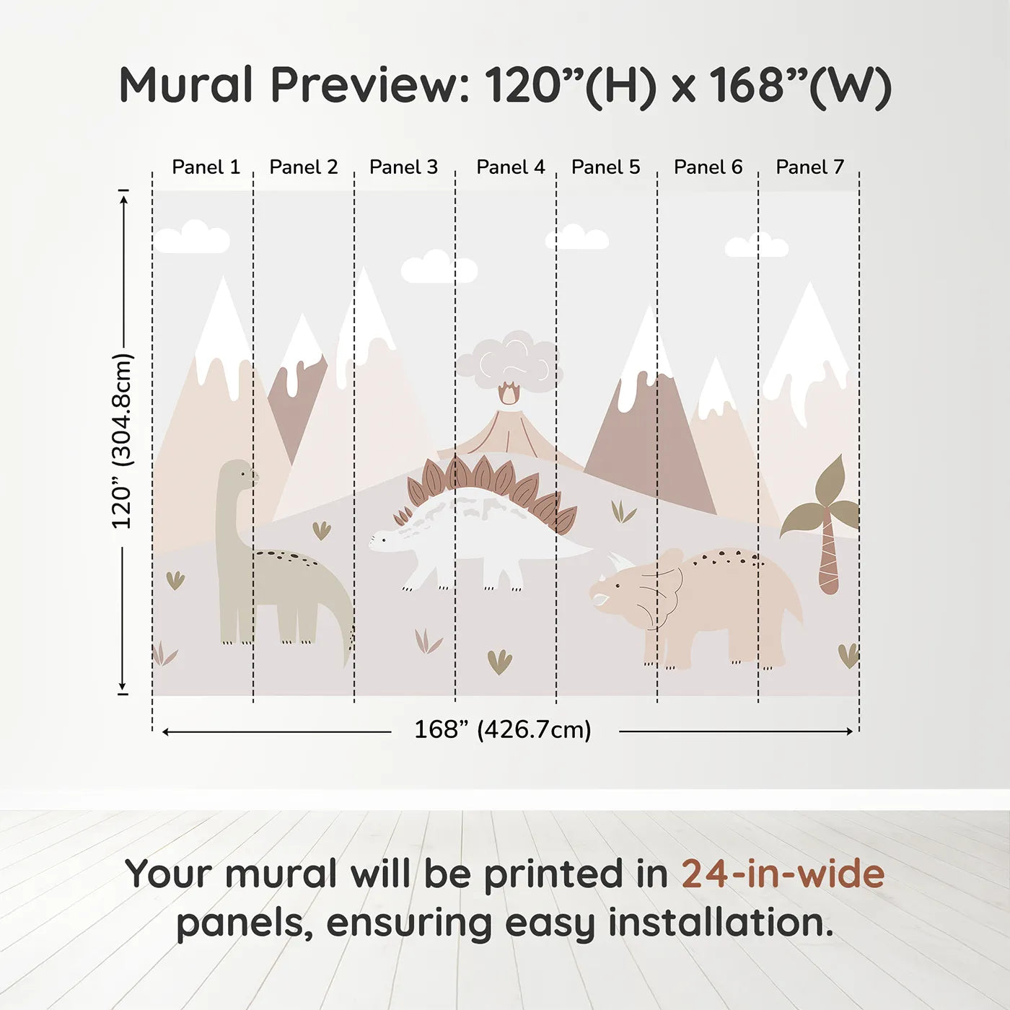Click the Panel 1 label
(206, 167)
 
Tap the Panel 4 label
(511, 167)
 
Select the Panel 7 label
(809, 167)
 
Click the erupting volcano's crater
(509, 395)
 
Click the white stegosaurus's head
(386, 540)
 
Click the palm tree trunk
(828, 555)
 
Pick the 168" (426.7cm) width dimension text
(503, 730)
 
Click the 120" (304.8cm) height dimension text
(122, 442)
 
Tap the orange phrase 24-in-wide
(783, 874)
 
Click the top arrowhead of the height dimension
(123, 196)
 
